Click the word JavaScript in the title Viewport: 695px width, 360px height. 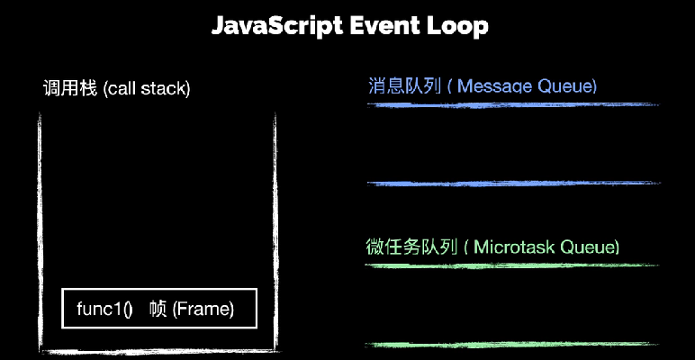point(276,27)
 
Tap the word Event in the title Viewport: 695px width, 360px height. point(384,26)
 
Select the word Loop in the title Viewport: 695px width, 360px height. point(457,27)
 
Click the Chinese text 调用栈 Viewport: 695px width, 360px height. point(69,89)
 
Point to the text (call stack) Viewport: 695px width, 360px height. point(146,89)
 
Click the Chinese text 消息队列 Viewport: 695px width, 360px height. point(405,85)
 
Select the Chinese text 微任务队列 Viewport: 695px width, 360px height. point(411,247)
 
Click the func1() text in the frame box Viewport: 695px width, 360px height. point(104,309)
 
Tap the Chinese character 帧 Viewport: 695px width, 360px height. point(158,309)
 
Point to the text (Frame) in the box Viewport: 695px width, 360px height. point(203,309)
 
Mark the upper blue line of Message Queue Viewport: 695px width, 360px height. point(513,105)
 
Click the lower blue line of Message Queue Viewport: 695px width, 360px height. point(513,184)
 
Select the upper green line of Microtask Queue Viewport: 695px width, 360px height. point(512,265)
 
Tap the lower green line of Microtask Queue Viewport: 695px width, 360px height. point(512,345)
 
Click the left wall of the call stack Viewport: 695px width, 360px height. point(40,233)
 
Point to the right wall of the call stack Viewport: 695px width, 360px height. point(275,233)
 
